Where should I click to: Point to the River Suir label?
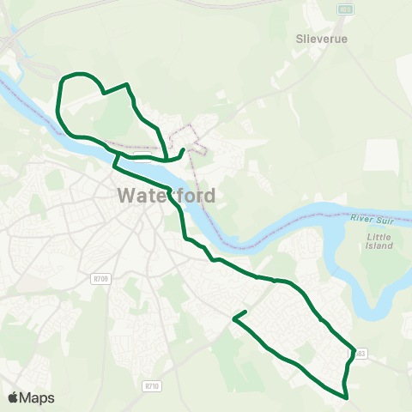click(x=372, y=220)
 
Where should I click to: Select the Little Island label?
click(x=379, y=241)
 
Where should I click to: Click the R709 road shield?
click(x=102, y=278)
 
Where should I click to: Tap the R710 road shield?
click(x=153, y=386)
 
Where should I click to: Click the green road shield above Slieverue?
click(x=345, y=9)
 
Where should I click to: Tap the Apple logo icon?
click(x=13, y=397)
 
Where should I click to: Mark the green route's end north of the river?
click(x=183, y=150)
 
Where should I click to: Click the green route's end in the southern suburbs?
click(x=246, y=311)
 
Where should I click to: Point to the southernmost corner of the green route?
click(x=345, y=398)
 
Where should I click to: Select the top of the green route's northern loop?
click(x=79, y=74)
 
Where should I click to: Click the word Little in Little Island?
click(x=379, y=236)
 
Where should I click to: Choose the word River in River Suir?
click(x=361, y=220)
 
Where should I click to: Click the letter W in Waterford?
click(x=125, y=196)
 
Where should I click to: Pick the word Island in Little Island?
click(x=379, y=246)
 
